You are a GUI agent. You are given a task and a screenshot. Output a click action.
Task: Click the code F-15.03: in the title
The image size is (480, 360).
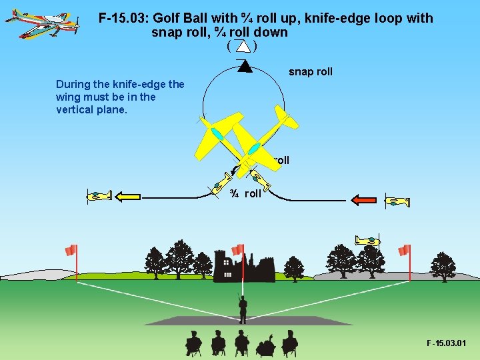click(x=123, y=19)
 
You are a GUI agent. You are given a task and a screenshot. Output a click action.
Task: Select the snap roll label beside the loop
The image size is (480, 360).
click(x=310, y=72)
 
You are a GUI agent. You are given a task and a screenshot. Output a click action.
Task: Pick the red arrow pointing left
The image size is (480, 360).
click(x=364, y=199)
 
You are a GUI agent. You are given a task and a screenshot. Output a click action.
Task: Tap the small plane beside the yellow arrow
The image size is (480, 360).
click(x=99, y=195)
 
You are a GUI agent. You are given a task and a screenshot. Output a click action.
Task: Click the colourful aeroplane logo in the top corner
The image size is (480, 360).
click(x=33, y=23)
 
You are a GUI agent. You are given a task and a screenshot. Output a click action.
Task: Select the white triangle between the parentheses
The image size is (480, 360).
click(x=243, y=47)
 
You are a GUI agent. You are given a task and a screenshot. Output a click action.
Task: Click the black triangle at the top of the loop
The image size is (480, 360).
click(x=244, y=66)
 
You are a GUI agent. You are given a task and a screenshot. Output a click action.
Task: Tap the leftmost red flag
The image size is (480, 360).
click(x=71, y=250)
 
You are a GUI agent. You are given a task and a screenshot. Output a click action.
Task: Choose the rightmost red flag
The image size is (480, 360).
click(x=404, y=250)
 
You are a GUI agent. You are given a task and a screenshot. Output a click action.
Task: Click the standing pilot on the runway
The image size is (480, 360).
click(x=243, y=309)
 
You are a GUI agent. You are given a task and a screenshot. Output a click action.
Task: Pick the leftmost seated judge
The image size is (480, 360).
click(x=193, y=343)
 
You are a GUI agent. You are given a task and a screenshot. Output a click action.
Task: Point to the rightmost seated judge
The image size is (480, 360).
click(x=289, y=343)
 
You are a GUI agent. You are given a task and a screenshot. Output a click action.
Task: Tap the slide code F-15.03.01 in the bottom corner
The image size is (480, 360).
click(x=446, y=343)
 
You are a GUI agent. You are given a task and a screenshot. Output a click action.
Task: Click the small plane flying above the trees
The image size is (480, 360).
click(x=368, y=240)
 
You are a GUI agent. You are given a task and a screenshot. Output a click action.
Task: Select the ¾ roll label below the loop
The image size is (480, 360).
click(x=245, y=194)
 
